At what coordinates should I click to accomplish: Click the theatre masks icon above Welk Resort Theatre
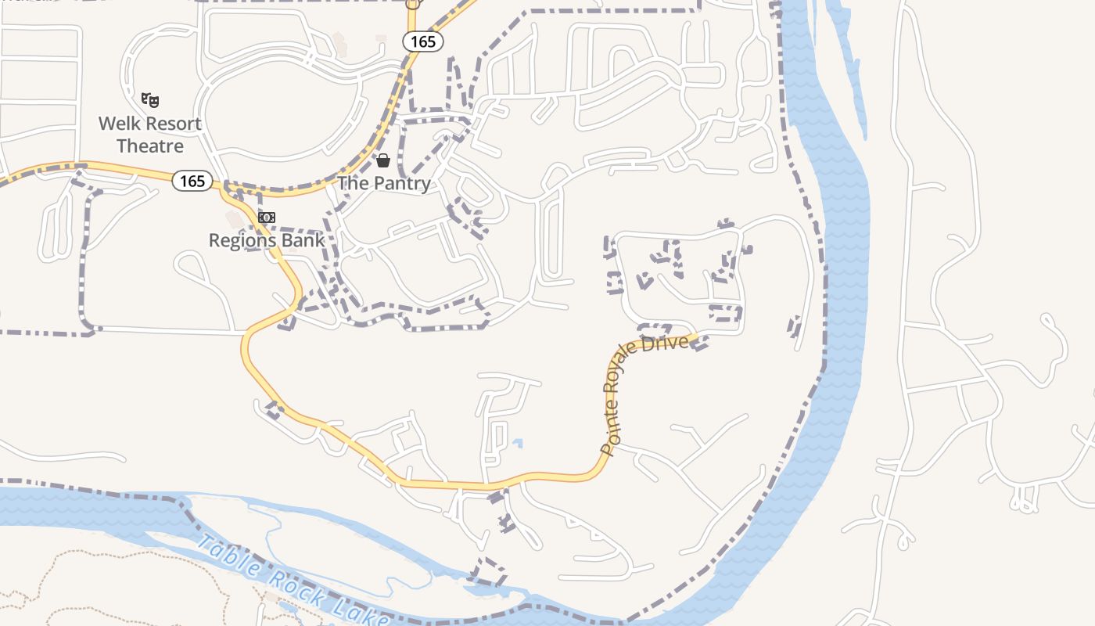[150, 100]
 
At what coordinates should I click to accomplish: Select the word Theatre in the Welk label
[150, 146]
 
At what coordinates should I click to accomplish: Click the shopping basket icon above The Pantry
[383, 161]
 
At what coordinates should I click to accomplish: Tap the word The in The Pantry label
[352, 183]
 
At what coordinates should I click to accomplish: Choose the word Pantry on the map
[400, 184]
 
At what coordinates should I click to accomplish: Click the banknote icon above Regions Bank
[267, 218]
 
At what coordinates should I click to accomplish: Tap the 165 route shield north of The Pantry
[422, 41]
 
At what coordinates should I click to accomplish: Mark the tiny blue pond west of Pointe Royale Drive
[517, 444]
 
